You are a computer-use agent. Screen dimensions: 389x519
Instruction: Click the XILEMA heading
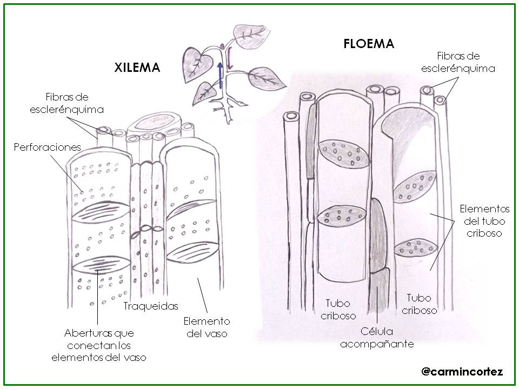(x=137, y=68)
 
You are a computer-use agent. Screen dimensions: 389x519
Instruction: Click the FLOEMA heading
(x=369, y=44)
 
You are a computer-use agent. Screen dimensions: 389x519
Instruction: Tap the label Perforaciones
(x=47, y=147)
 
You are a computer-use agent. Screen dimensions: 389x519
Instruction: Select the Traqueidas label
(x=150, y=306)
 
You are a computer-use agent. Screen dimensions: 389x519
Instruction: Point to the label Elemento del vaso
(x=207, y=327)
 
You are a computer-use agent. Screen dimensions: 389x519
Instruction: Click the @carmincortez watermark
(x=462, y=372)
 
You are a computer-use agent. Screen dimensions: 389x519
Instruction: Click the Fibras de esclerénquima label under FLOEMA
(x=458, y=62)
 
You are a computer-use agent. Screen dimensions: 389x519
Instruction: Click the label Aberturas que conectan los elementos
(x=99, y=345)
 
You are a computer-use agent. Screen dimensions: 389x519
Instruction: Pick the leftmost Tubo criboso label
(x=338, y=310)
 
